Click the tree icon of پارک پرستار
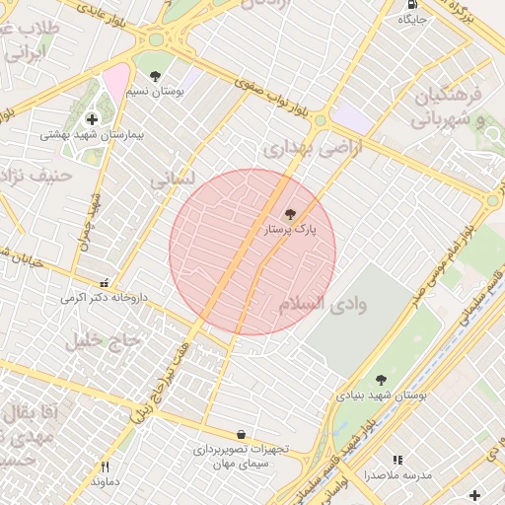[289, 214]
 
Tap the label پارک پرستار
[289, 230]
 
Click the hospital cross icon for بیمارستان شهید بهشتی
[92, 119]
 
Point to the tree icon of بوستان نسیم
[155, 75]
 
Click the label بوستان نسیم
[154, 91]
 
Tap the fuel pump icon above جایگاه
[409, 4]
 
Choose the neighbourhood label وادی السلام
[323, 304]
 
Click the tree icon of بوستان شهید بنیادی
[381, 380]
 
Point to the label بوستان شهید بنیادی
[381, 395]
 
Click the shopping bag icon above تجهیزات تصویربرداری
[241, 434]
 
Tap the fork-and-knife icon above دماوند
[105, 467]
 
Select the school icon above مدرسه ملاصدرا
[397, 460]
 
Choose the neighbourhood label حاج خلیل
[105, 341]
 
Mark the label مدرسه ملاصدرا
[397, 475]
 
